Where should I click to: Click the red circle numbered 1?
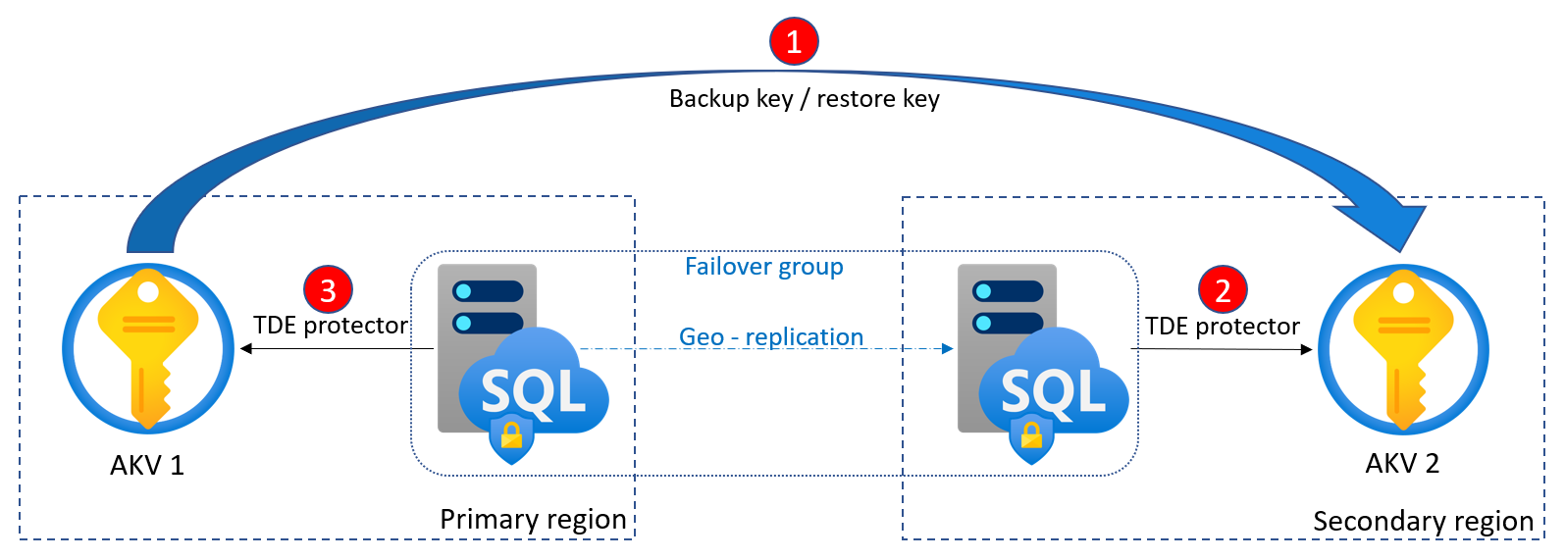(x=794, y=41)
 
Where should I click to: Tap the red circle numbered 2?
(x=1223, y=289)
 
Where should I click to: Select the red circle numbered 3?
(x=328, y=289)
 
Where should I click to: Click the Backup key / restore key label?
(x=804, y=99)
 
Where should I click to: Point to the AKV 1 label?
(x=147, y=465)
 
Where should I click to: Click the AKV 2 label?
(x=1402, y=463)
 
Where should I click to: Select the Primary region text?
(x=533, y=519)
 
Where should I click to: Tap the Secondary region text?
(x=1423, y=521)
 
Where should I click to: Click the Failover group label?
(x=763, y=267)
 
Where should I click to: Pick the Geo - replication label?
(x=771, y=336)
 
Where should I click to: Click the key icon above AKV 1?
(x=148, y=348)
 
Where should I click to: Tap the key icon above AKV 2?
(x=1403, y=349)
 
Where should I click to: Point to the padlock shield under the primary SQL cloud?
(x=511, y=437)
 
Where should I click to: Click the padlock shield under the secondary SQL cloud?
(x=1031, y=437)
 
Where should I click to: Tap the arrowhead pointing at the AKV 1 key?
(x=245, y=348)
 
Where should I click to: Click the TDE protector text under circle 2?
(x=1222, y=326)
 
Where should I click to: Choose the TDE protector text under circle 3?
(x=330, y=325)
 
